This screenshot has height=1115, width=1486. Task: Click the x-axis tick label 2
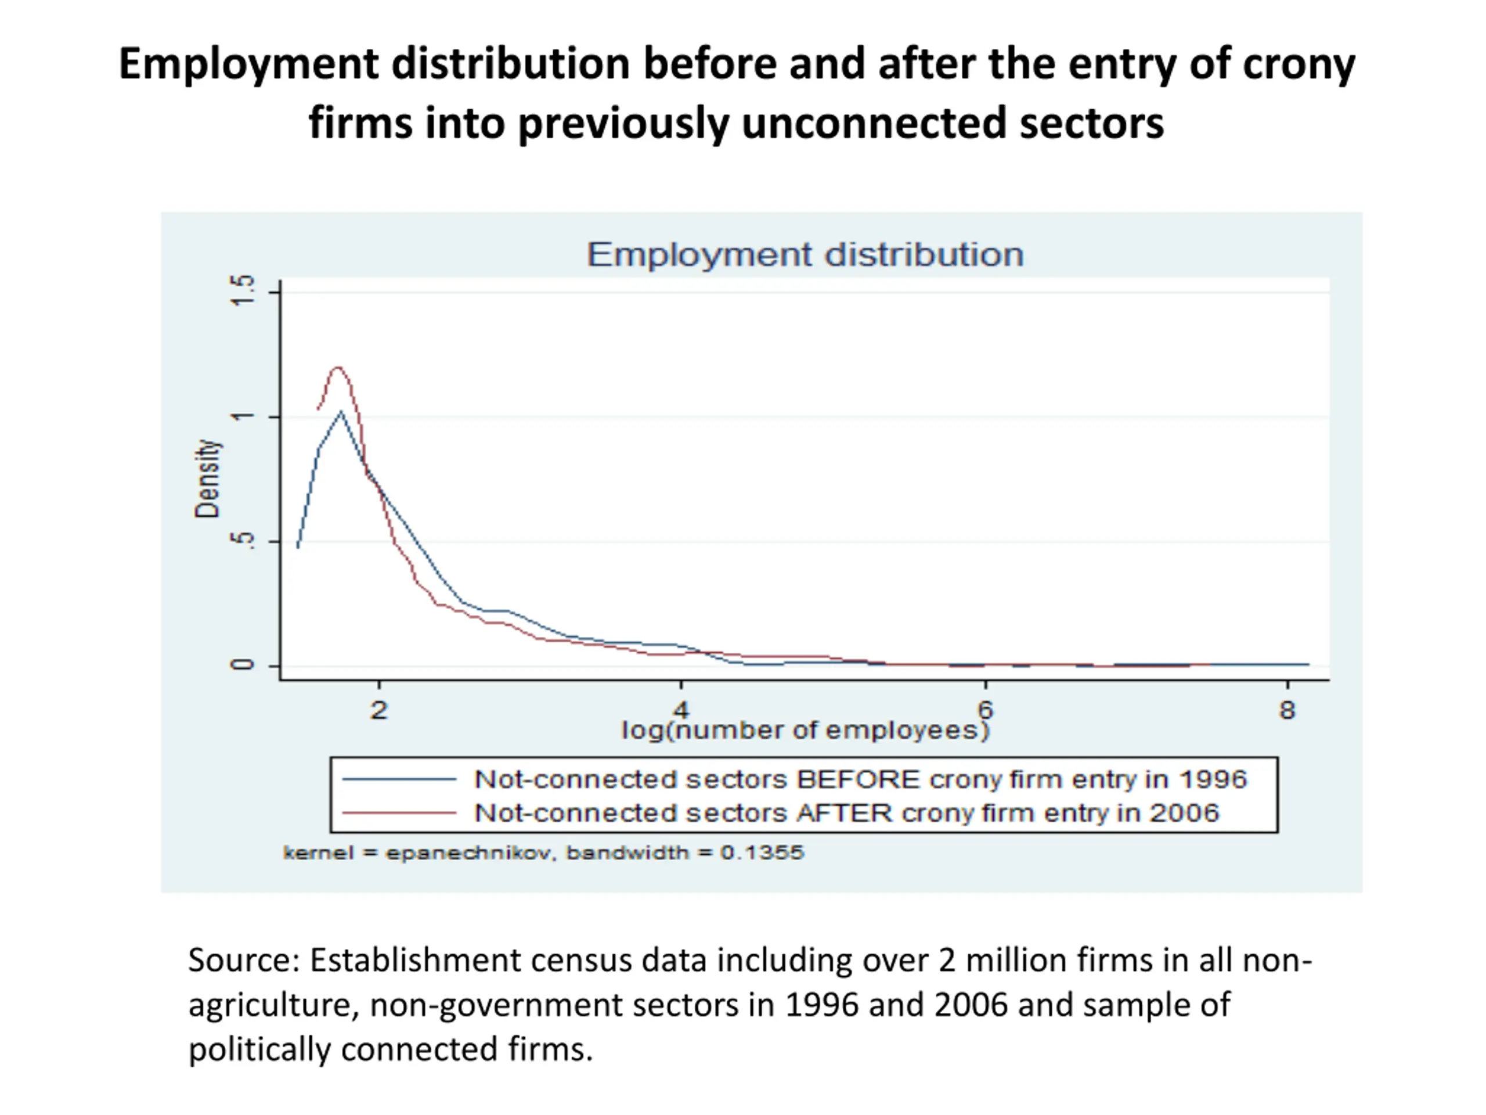pyautogui.click(x=379, y=710)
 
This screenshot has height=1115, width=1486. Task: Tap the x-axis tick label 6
pyautogui.click(x=985, y=709)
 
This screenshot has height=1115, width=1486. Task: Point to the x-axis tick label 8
pyautogui.click(x=1287, y=710)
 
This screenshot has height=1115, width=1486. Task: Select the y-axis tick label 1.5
pyautogui.click(x=243, y=290)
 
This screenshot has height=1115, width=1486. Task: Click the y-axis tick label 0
pyautogui.click(x=243, y=665)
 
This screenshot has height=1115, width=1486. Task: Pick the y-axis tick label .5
pyautogui.click(x=243, y=541)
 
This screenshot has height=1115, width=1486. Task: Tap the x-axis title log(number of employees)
pyautogui.click(x=806, y=730)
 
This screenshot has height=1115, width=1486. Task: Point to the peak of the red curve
pyautogui.click(x=337, y=367)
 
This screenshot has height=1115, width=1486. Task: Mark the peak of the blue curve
pyautogui.click(x=341, y=411)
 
